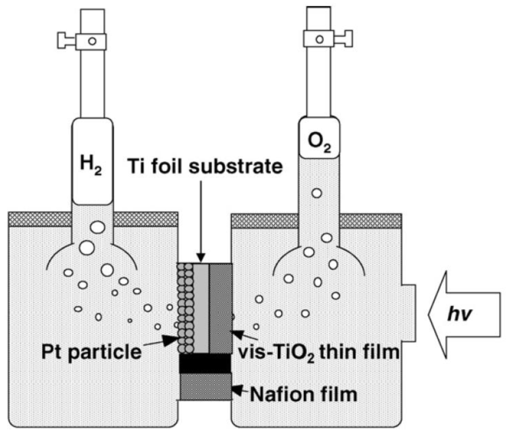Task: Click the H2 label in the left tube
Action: (92, 162)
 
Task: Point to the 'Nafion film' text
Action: (303, 394)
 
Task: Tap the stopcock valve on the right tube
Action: (320, 38)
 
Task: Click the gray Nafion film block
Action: (205, 386)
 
